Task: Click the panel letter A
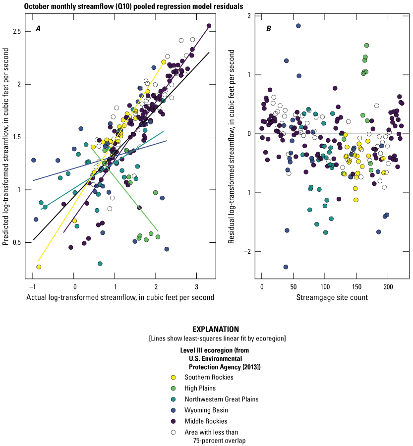point(38,29)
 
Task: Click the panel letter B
point(268,29)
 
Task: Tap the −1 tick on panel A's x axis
point(33,287)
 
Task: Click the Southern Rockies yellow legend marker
point(173,377)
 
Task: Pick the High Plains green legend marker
point(173,388)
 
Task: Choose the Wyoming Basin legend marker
point(173,409)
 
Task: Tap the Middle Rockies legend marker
point(173,420)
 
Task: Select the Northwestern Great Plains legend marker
point(173,399)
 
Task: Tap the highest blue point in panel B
point(298,26)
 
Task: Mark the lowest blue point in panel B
point(286,267)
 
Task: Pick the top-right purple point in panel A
point(209,26)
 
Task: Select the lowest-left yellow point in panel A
point(39,267)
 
